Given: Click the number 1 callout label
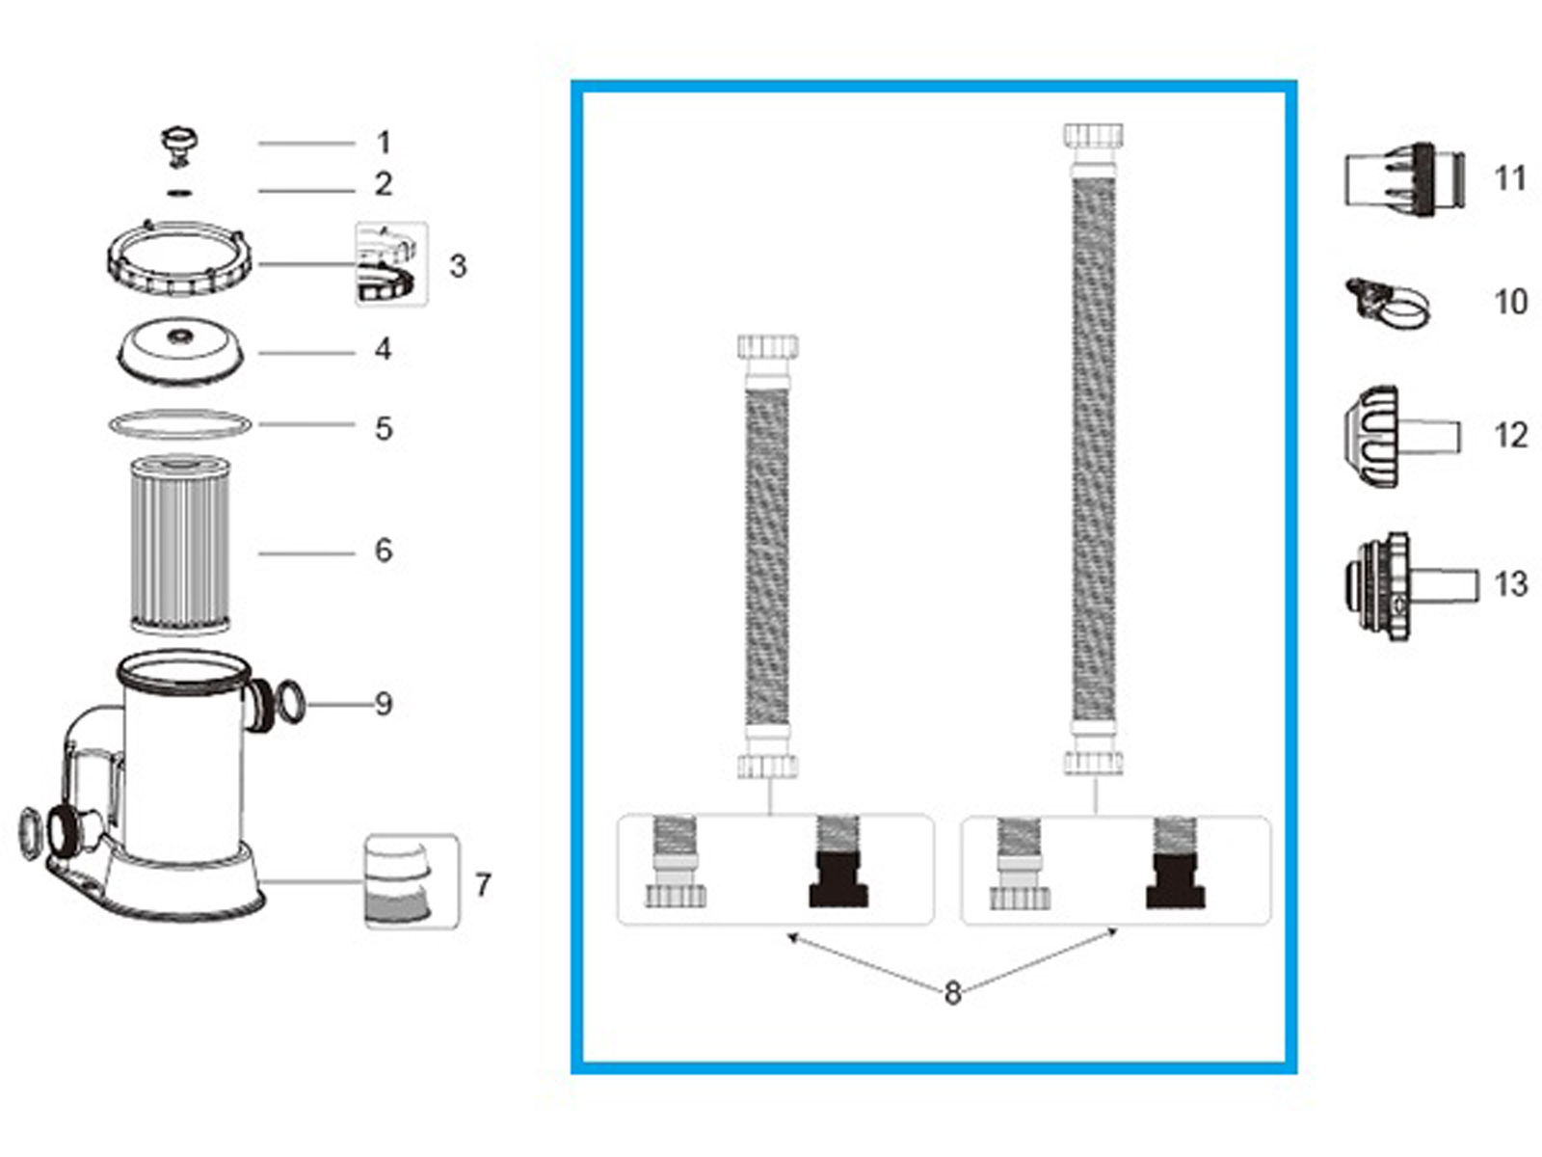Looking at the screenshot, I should click(x=384, y=143).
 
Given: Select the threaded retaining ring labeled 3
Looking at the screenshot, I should click(x=180, y=258).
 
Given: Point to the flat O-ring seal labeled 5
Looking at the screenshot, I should click(x=179, y=424).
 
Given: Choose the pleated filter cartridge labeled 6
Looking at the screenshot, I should click(x=180, y=545).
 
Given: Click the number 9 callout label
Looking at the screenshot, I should click(x=384, y=704).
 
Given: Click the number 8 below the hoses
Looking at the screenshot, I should click(x=952, y=992).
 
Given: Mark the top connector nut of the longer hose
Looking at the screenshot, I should click(x=1094, y=135).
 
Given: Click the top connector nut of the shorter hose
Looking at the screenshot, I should click(x=768, y=347).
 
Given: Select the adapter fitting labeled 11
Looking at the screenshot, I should click(x=1405, y=178).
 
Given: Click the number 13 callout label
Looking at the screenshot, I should click(x=1510, y=584).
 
